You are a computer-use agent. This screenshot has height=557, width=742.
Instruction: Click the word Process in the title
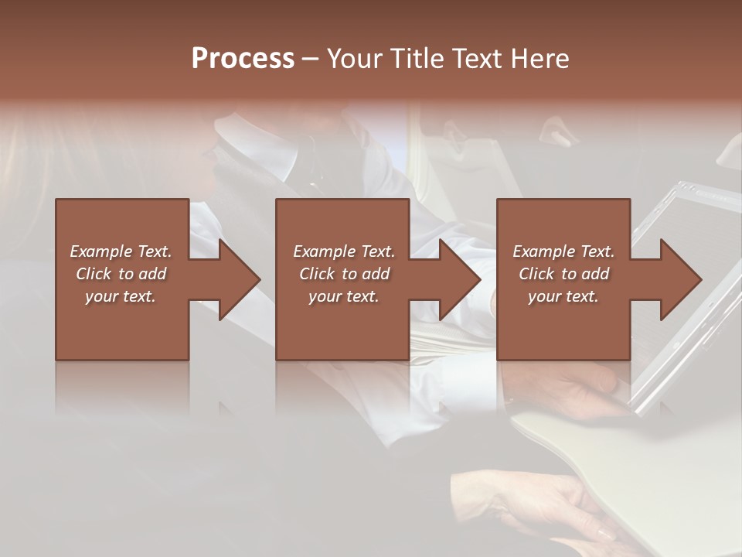click(243, 59)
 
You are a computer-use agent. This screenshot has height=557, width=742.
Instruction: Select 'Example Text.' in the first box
click(121, 251)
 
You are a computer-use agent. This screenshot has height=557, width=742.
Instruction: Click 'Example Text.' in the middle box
click(343, 251)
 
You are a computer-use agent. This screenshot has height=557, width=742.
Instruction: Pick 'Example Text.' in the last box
click(563, 251)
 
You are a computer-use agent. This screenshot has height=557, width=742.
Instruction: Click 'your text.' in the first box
click(121, 296)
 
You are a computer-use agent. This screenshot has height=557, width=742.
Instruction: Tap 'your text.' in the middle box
click(343, 296)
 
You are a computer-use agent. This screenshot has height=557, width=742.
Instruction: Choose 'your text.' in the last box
click(563, 296)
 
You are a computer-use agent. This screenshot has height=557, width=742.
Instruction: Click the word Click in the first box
click(94, 274)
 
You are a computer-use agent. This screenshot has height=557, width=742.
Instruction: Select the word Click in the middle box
click(317, 274)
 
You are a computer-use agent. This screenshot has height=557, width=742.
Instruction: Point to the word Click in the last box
click(536, 274)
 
